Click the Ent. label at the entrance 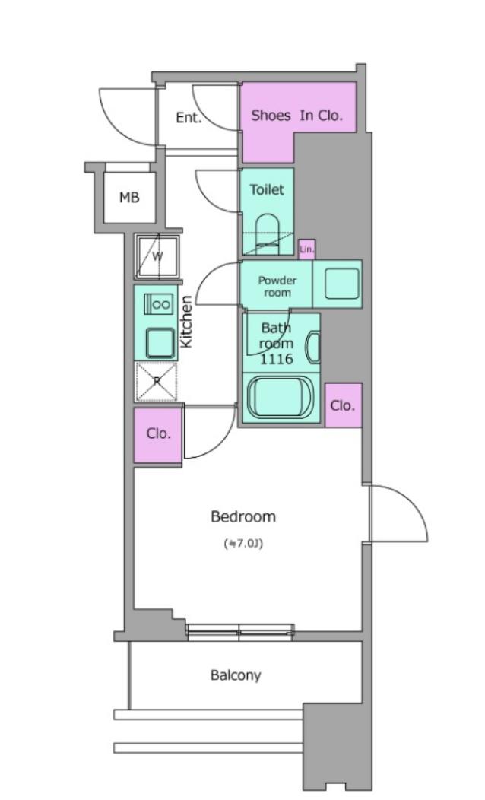pos(189,118)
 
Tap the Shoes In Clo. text pos(296,116)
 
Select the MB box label pos(129,198)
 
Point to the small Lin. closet pos(306,249)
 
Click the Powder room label pos(277,286)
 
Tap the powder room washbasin pos(341,284)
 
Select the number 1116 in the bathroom pos(277,359)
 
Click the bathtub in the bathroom pos(281,398)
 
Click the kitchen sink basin pos(160,342)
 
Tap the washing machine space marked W pos(157,256)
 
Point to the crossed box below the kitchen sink pos(157,382)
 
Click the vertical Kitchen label pos(187,322)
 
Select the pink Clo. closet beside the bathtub pos(343,405)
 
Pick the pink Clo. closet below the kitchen pos(158,435)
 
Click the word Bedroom pos(243,516)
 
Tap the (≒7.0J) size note pos(243,544)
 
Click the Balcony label pos(236,675)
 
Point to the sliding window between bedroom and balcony pos(239,632)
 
